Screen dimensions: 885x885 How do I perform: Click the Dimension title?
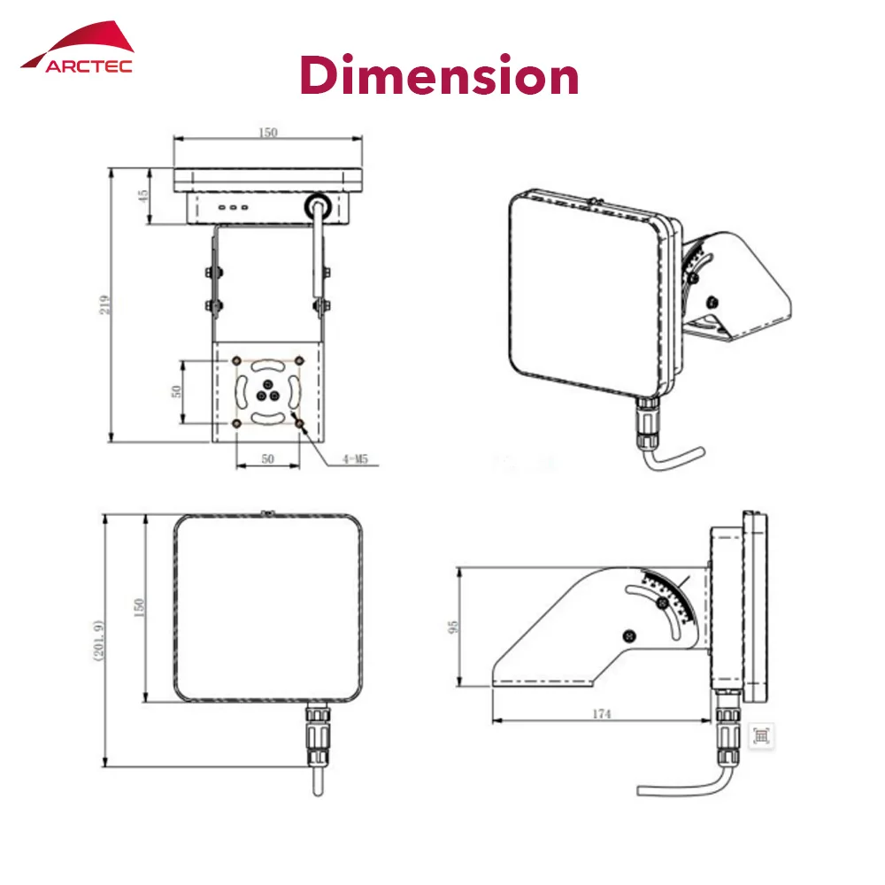click(x=440, y=75)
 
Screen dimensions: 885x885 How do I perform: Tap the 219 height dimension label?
click(x=105, y=304)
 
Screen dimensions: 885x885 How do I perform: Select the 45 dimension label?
click(x=143, y=196)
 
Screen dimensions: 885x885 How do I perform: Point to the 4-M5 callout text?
click(x=355, y=458)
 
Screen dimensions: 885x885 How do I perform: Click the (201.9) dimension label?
click(x=98, y=640)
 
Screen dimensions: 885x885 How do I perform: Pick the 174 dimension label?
click(x=602, y=714)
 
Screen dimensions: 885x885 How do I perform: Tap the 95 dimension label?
click(x=452, y=627)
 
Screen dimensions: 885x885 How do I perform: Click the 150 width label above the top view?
click(x=267, y=132)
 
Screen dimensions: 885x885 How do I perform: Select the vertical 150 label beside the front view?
click(x=138, y=607)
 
